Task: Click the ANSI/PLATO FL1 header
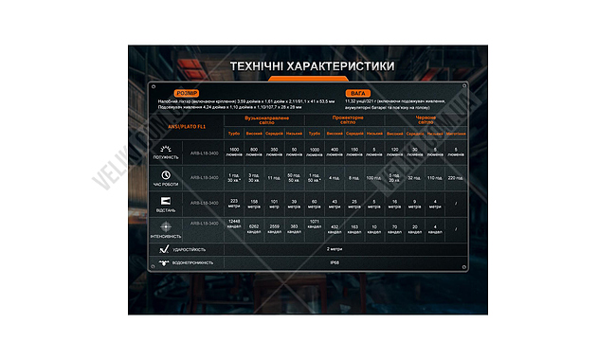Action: click(x=186, y=125)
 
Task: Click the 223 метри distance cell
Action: click(x=234, y=201)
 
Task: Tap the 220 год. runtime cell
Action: click(x=457, y=177)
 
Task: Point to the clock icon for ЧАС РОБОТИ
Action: click(x=165, y=174)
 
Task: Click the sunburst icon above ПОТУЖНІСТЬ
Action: click(x=165, y=149)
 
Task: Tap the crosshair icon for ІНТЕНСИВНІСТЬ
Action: click(x=165, y=225)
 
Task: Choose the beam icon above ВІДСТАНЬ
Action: click(x=165, y=200)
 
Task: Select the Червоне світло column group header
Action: click(x=426, y=120)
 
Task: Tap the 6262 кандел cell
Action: click(x=254, y=226)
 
